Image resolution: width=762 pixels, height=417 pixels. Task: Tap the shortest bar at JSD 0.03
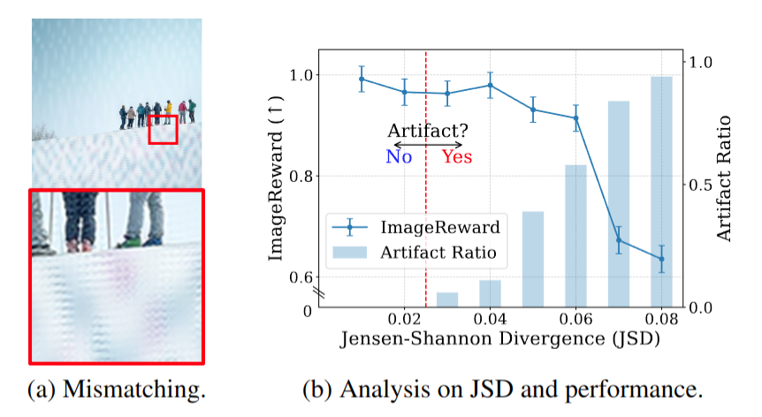coord(447,299)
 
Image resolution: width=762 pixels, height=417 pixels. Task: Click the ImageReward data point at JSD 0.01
coord(362,79)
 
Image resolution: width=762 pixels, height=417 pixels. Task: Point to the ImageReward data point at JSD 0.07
coord(619,240)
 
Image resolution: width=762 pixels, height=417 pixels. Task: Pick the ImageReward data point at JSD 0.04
coord(490,86)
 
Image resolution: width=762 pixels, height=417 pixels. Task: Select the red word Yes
coord(457,157)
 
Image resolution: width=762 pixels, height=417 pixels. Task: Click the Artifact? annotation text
coord(428,131)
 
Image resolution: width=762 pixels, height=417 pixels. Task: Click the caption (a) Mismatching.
coord(118,390)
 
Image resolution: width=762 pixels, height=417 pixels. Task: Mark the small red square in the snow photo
coord(163,129)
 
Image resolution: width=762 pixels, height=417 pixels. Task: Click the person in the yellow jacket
coord(169,110)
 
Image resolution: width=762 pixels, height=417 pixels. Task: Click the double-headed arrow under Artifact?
coord(428,145)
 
